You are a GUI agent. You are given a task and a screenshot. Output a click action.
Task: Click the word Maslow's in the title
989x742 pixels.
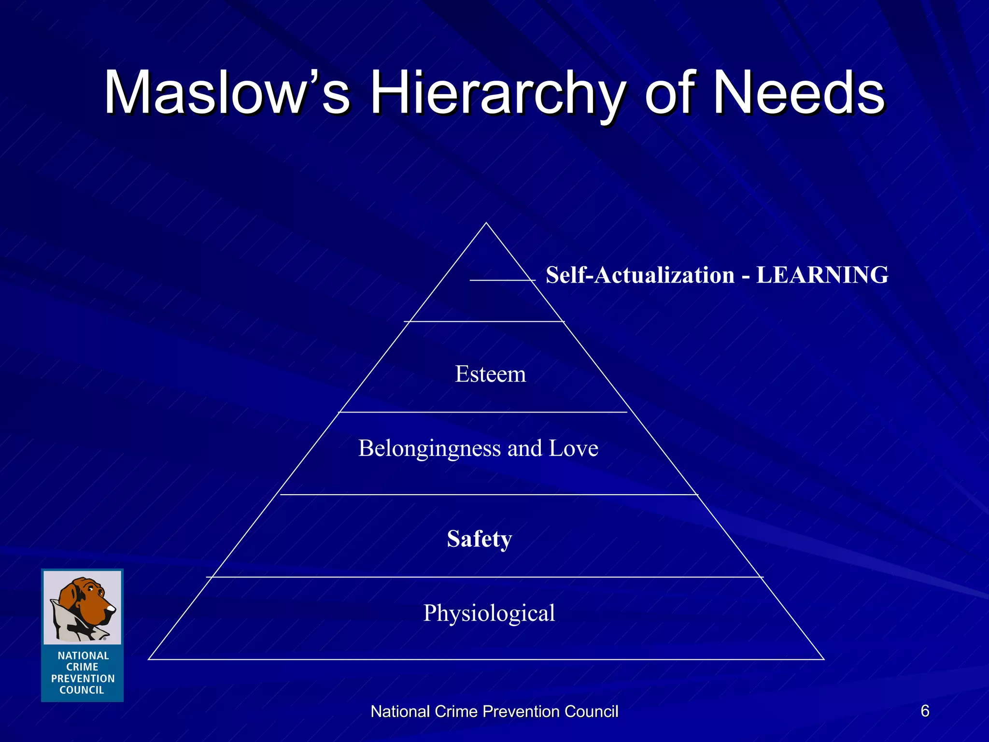(227, 93)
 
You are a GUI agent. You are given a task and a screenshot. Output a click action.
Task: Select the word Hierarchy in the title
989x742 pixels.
(497, 93)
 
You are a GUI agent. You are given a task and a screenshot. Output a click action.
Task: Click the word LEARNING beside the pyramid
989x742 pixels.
(822, 275)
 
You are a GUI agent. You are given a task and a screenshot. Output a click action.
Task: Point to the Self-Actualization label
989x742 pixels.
(640, 275)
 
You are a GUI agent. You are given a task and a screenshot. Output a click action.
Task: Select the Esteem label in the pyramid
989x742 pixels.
(490, 374)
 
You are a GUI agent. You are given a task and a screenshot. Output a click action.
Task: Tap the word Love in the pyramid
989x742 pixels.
(573, 448)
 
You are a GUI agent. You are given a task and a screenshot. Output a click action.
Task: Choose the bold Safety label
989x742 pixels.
(479, 539)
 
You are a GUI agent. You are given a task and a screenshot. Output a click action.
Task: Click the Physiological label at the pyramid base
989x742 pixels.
(489, 613)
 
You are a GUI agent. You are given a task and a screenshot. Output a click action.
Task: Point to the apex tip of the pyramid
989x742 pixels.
(486, 223)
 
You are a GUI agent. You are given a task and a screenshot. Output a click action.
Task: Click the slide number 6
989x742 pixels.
(925, 711)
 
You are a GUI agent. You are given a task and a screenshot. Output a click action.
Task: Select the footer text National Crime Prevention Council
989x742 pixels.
(494, 712)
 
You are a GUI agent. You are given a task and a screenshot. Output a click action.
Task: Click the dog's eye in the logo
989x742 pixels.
(91, 590)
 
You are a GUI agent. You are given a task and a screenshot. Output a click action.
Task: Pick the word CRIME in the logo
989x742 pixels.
(82, 667)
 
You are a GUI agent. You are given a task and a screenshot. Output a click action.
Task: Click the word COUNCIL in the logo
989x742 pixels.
(82, 690)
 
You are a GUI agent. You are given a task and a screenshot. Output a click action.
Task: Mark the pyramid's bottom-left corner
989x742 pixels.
(149, 659)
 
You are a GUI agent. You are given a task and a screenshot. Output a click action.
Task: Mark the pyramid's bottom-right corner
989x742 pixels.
(823, 659)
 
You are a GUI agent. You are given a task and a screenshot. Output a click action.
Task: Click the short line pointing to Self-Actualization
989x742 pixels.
(502, 280)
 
